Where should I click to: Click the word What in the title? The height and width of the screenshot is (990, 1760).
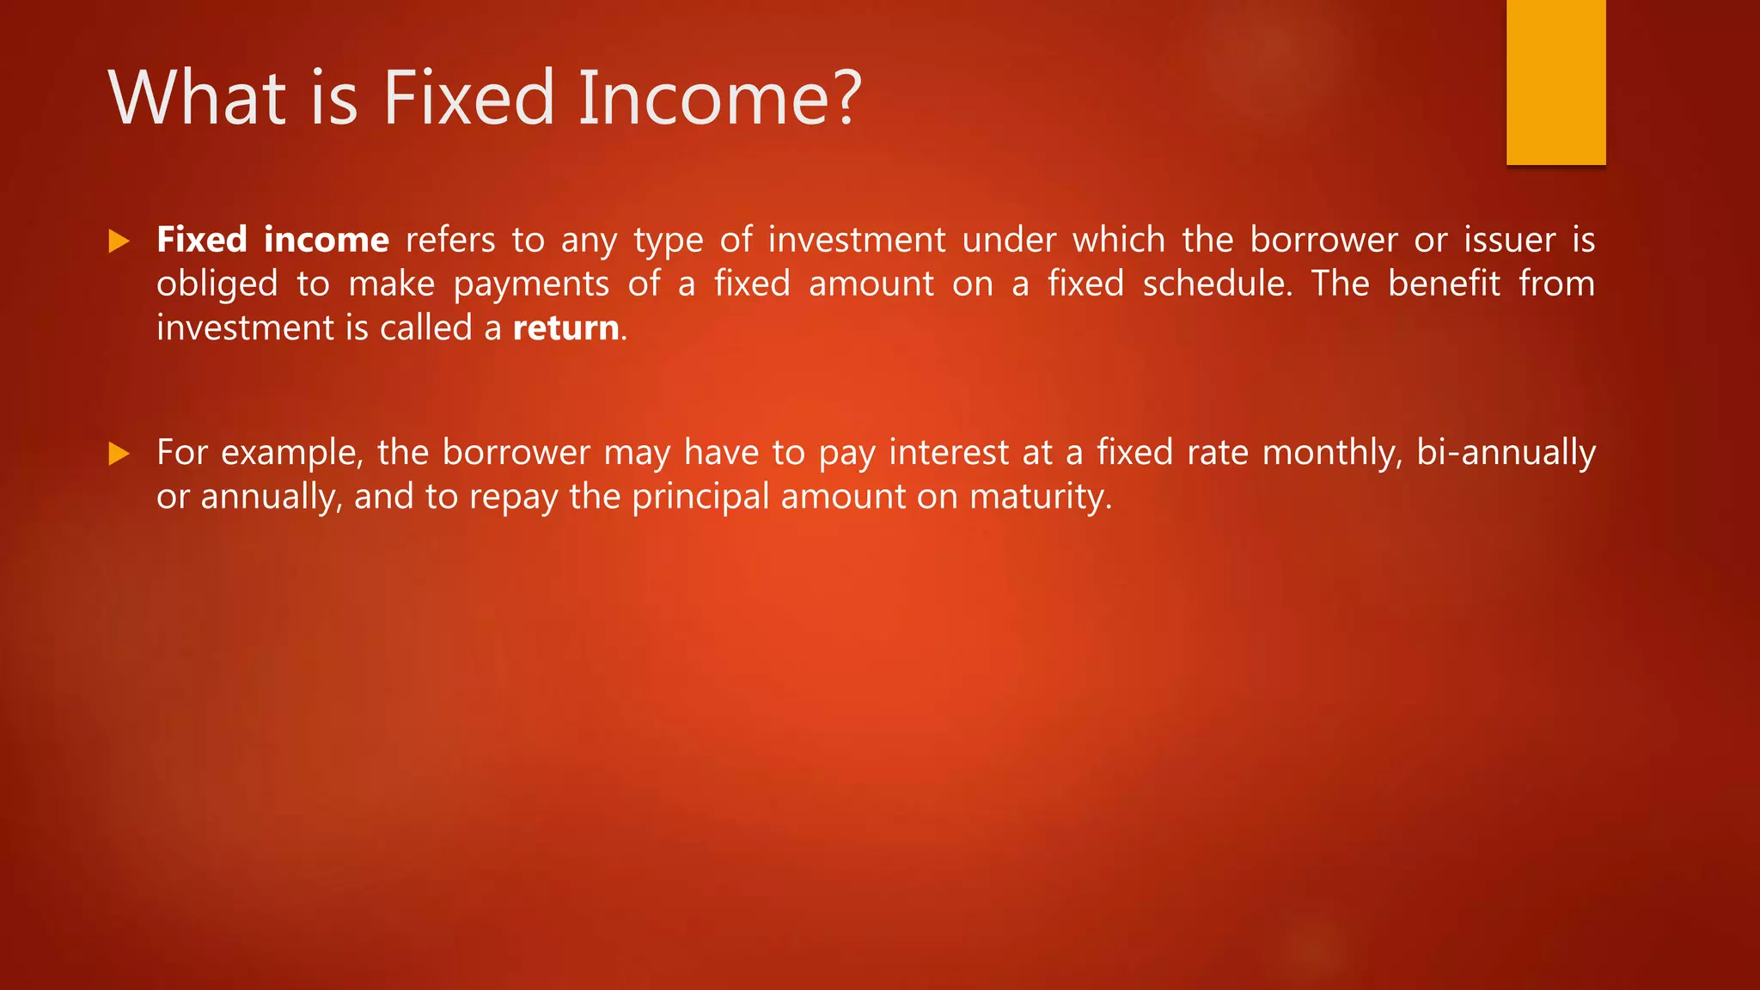197,98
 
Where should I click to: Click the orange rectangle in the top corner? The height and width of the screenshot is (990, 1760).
1555,82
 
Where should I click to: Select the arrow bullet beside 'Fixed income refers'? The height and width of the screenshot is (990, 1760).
119,241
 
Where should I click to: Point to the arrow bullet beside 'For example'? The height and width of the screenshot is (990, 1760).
119,454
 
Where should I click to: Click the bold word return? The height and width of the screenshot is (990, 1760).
565,328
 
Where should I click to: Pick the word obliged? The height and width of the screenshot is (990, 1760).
217,284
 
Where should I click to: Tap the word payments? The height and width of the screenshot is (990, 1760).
531,284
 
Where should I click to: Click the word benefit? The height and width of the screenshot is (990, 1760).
1444,284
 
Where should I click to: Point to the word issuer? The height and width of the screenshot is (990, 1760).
1510,240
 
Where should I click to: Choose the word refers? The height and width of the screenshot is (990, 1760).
450,240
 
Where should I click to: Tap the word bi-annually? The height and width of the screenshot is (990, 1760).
1506,453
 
